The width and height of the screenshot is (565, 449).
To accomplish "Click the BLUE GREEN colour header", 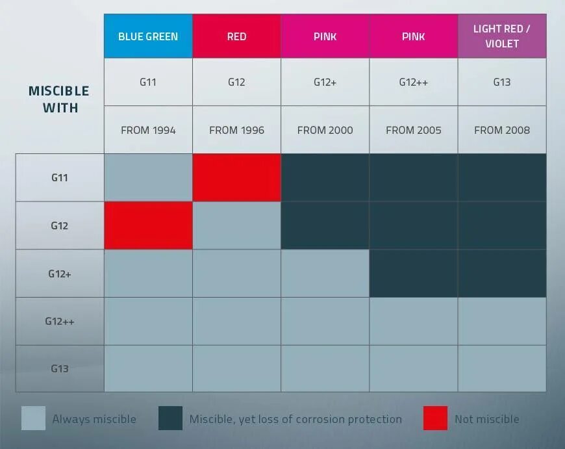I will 148,36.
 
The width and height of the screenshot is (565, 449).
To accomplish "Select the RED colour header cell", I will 236,36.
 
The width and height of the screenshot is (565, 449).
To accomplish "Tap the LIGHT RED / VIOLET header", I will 501,36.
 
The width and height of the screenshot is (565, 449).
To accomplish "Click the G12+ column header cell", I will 325,83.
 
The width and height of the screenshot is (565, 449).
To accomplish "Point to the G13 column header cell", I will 501,83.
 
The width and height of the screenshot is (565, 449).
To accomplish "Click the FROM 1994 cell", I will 148,130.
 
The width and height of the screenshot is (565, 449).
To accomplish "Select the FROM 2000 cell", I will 325,130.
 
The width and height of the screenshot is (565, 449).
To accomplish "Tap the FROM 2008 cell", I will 501,130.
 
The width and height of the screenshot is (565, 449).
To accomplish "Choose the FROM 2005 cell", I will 413,130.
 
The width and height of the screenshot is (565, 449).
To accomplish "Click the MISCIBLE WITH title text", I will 58,99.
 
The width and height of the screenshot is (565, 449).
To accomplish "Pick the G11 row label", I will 60,177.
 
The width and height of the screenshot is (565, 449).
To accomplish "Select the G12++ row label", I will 60,321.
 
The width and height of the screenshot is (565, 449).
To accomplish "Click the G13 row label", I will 60,368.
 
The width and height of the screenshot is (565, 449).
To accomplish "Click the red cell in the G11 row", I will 236,177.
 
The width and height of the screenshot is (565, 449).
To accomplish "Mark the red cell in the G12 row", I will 148,225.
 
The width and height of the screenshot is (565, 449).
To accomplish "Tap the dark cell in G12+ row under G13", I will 501,273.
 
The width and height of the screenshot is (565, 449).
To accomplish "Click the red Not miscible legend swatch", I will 435,418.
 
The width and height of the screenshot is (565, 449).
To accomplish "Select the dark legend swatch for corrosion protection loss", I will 170,418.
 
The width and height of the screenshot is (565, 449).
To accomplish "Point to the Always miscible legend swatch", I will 33,418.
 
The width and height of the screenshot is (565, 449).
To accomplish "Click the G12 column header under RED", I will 236,83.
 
